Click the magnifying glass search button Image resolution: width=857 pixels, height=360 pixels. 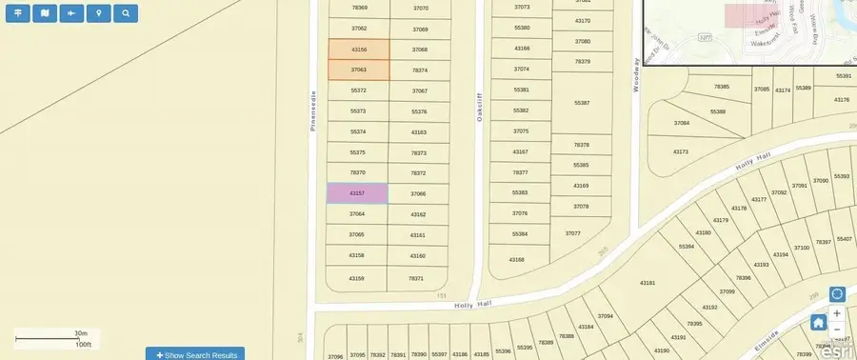pos(125,13)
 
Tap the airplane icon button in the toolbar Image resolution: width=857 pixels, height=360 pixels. pos(71,13)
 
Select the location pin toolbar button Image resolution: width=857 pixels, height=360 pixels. pos(98,13)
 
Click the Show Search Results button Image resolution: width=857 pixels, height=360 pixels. pos(195,354)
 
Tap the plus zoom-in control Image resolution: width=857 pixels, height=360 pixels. pos(837,313)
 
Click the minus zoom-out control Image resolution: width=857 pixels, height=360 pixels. pos(837,330)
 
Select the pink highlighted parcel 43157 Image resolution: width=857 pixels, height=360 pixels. pos(357,193)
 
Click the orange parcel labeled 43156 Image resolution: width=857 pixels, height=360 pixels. pos(359,50)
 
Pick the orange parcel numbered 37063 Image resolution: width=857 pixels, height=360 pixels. pos(359,70)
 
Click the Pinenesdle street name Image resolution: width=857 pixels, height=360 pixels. pos(312,110)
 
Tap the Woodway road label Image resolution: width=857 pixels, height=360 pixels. pos(635,73)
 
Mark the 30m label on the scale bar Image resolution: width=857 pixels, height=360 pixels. pos(81,332)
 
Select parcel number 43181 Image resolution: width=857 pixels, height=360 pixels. pos(648,283)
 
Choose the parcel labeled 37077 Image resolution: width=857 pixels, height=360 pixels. pos(572,233)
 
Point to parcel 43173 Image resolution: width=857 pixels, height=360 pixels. pos(680,152)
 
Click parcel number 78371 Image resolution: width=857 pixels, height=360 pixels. pos(416,278)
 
